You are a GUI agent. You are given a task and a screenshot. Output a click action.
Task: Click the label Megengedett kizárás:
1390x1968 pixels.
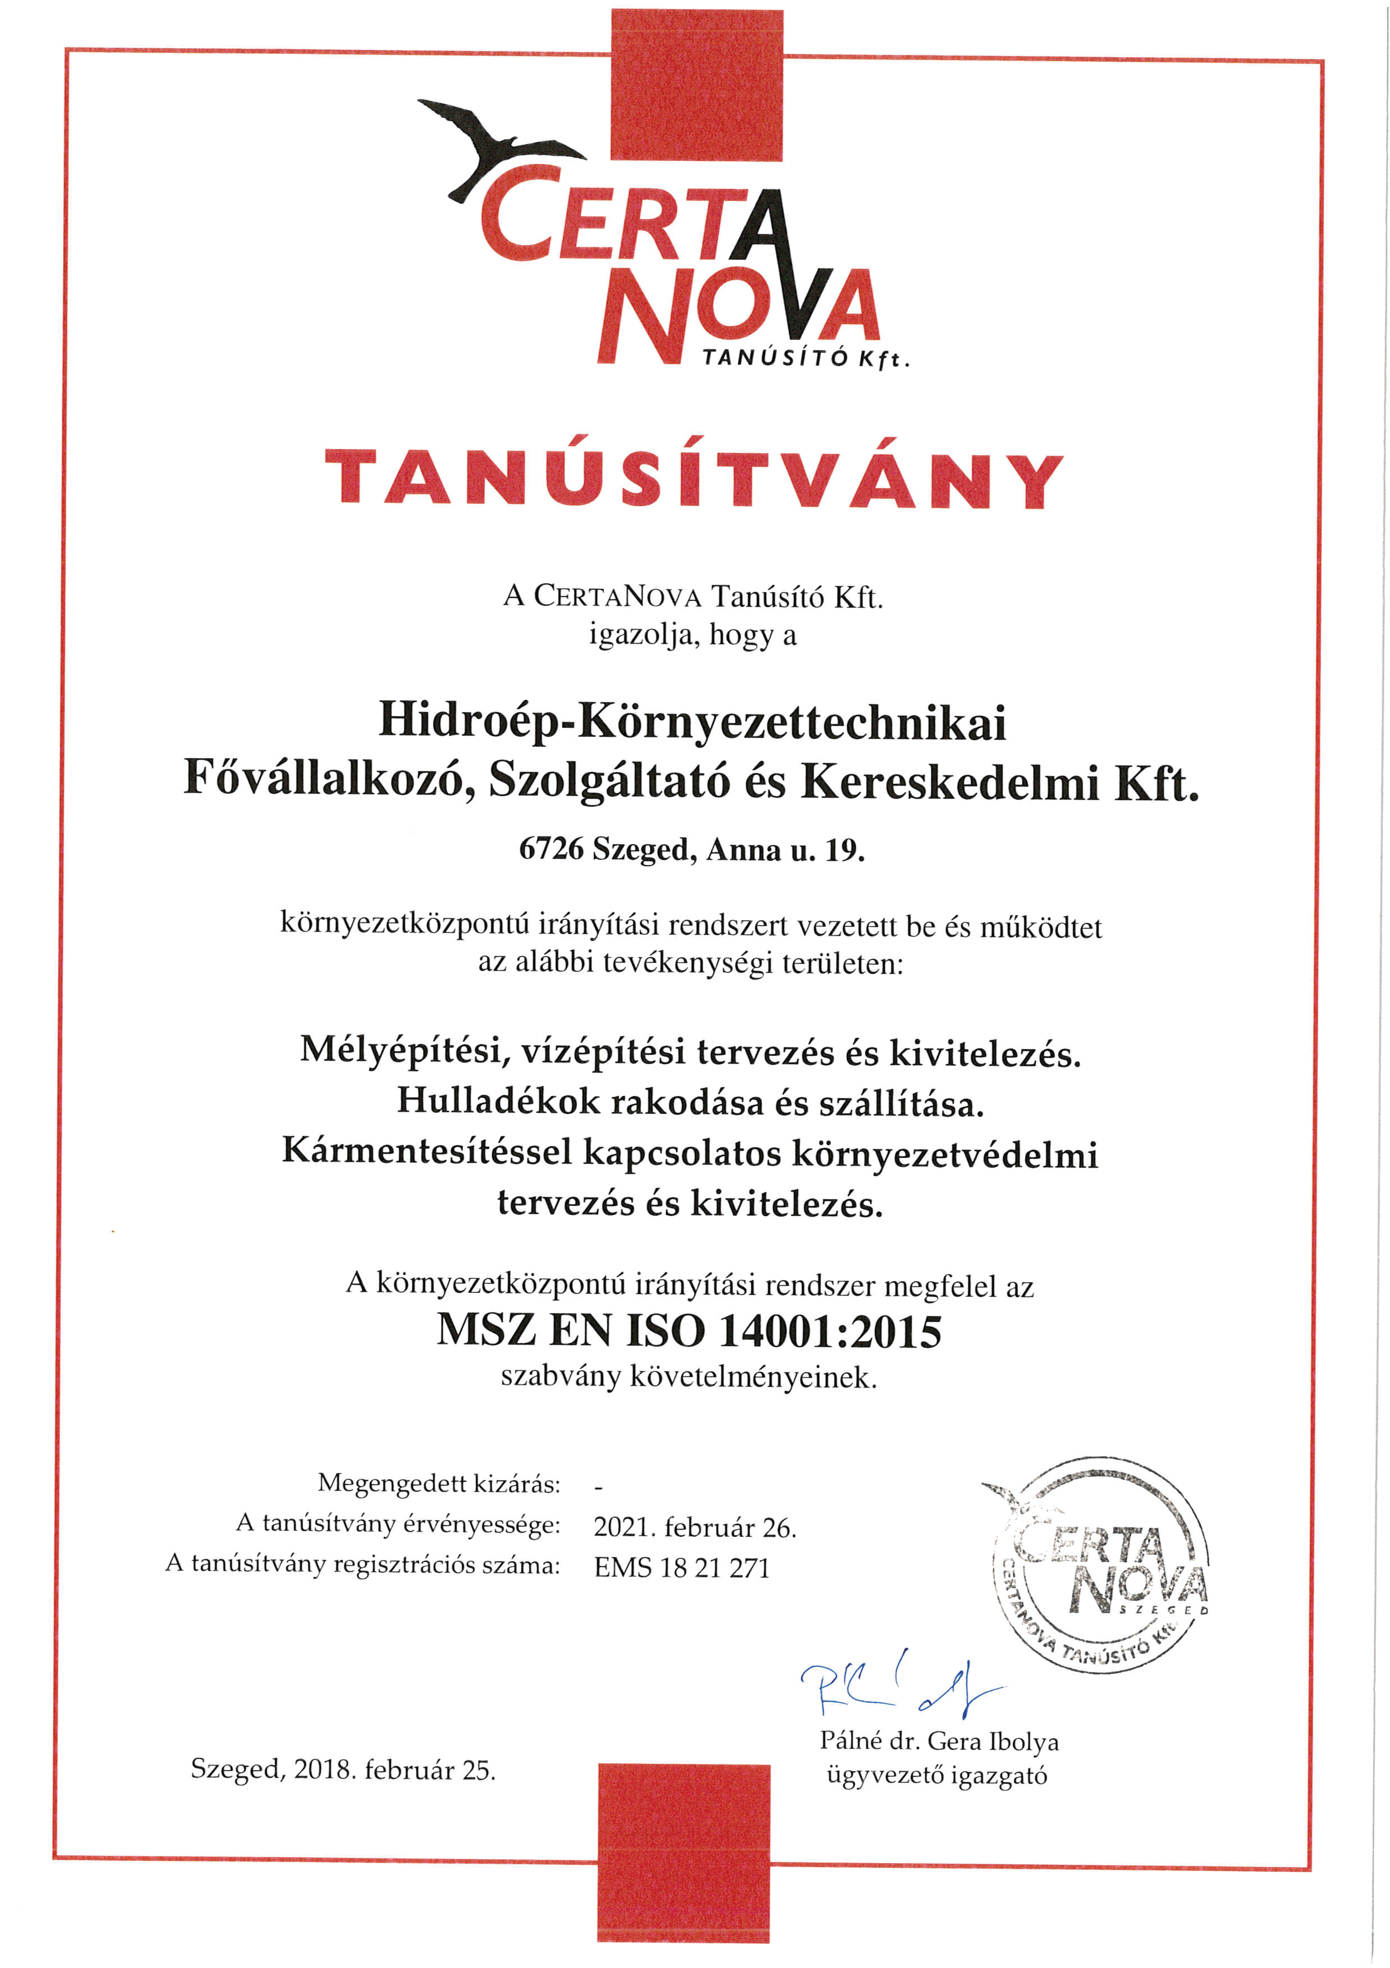439,1483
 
